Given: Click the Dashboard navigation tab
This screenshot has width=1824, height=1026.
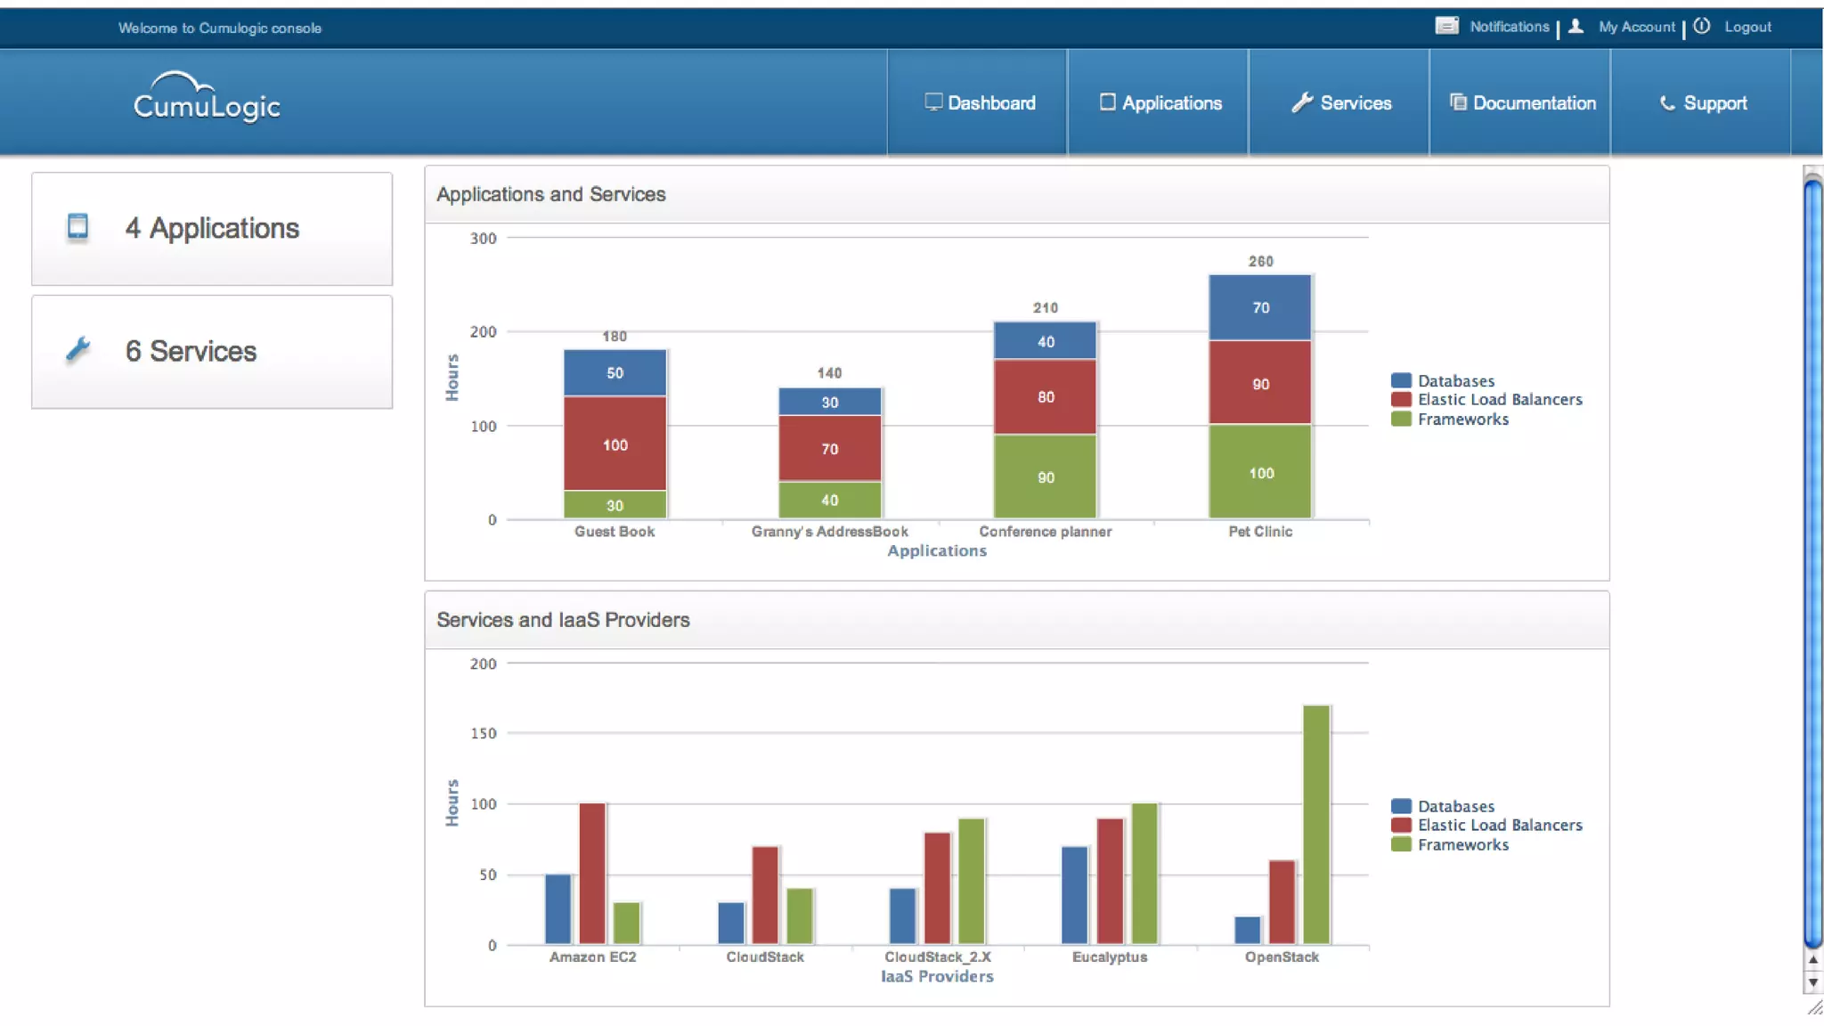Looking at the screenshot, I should (x=980, y=103).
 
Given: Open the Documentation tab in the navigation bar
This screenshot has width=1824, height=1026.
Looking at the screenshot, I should (x=1523, y=103).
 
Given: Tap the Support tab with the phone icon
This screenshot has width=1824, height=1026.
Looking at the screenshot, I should (x=1703, y=103).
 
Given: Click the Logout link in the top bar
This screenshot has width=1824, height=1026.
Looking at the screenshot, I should (x=1747, y=28).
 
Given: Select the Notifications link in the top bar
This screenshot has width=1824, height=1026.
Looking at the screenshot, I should (x=1509, y=28).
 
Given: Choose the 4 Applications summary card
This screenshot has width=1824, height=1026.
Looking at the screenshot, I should (x=212, y=229).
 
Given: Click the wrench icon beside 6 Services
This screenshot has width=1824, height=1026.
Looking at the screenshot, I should (x=78, y=350).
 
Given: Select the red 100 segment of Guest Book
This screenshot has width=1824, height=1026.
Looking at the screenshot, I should (x=615, y=444).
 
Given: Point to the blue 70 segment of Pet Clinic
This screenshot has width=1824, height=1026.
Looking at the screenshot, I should (x=1260, y=307).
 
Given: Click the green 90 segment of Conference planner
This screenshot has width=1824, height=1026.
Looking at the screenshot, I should (x=1045, y=476).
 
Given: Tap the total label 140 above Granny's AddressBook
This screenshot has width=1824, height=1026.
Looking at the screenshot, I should (x=829, y=373).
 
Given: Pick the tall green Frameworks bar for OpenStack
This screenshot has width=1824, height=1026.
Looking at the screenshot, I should (x=1316, y=824).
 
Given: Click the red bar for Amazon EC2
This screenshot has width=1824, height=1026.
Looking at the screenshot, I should (x=592, y=873).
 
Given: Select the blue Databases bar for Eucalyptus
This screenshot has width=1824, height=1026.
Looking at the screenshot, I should (x=1075, y=894).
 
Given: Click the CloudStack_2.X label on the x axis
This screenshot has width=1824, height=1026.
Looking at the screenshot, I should (x=937, y=957).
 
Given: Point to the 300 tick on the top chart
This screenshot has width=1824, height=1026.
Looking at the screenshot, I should (x=483, y=239).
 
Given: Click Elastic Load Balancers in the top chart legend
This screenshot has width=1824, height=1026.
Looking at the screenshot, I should (x=1499, y=400).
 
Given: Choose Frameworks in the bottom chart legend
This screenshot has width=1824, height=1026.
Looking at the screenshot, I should (x=1462, y=845).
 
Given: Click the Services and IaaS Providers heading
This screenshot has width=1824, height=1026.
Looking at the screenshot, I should (x=563, y=620).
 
